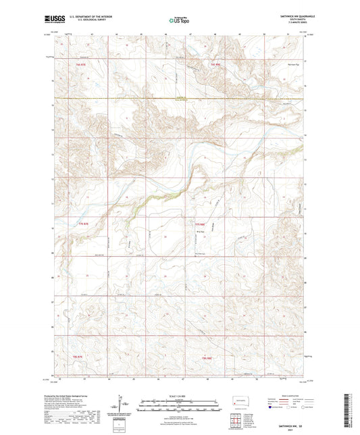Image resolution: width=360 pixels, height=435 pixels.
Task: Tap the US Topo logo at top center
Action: pyautogui.click(x=179, y=20)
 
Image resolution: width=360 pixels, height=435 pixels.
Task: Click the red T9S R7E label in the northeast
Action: pyautogui.click(x=216, y=63)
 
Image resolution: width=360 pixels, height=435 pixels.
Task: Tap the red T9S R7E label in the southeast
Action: pyautogui.click(x=205, y=357)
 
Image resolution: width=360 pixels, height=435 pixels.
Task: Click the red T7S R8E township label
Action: pyautogui.click(x=199, y=224)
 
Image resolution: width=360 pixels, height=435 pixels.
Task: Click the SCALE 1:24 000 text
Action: pyautogui.click(x=180, y=396)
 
